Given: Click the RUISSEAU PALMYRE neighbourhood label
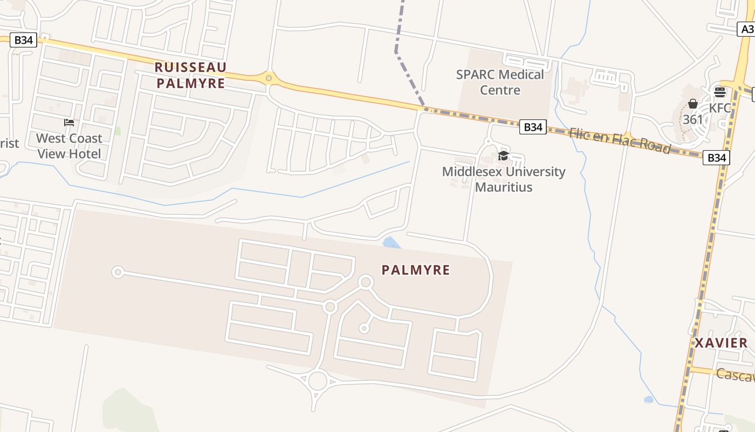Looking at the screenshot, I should pos(190,75).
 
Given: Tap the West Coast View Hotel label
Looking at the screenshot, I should pos(69,146).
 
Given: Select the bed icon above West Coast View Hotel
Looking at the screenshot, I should pos(69,123).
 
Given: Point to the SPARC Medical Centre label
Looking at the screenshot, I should pos(500,82).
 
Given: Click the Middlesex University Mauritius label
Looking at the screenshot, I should pos(504,179).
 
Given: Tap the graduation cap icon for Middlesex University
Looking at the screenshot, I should pos(503,156).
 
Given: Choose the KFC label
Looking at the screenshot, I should pos(720,108).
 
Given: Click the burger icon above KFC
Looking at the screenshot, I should pos(720,92).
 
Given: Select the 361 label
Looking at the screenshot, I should pos(693,119).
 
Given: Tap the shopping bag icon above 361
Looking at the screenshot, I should pos(693,104).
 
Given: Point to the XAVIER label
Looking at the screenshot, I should pos(721,343).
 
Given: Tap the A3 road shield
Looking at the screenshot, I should pos(746,29).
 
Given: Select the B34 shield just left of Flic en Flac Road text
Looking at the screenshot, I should pos(533,127).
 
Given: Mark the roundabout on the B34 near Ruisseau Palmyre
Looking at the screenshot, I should pos(269,79).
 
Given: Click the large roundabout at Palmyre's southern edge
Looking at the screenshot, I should pos(318,380).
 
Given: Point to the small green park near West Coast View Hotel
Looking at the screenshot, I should pos(118,131).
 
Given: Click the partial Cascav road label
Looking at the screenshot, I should pos(735,374).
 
